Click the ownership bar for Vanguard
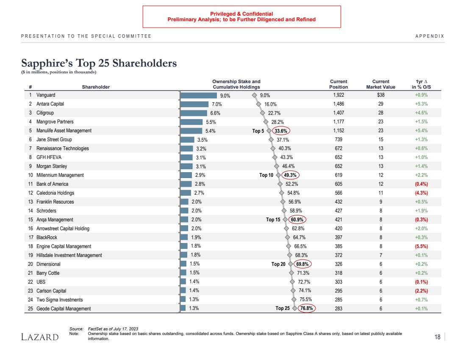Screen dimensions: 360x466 coord(199,95)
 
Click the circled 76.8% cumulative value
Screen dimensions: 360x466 coord(307,309)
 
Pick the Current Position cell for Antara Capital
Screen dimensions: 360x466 coord(338,104)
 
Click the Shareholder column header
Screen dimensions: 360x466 coord(96,87)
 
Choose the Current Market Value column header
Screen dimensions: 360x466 coord(380,84)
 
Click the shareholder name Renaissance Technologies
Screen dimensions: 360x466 coord(63,149)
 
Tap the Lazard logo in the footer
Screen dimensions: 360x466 coord(40,337)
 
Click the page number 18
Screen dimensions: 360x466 coord(438,337)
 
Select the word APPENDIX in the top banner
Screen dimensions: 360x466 coord(430,36)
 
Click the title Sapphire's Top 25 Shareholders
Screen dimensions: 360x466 coord(99,64)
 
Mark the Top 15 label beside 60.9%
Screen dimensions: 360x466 coord(273,220)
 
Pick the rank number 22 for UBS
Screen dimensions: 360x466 coord(31,282)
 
